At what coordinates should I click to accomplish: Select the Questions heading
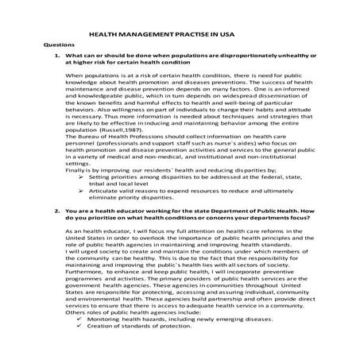[56, 48]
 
